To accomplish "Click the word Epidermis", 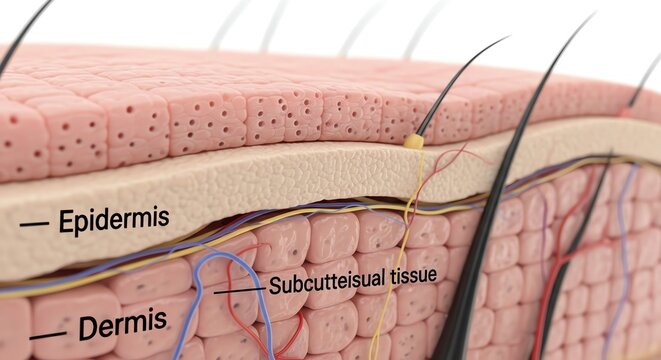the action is pyautogui.click(x=114, y=220).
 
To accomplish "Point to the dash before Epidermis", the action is pyautogui.click(x=33, y=224).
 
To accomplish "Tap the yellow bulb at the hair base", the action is pyautogui.click(x=413, y=142).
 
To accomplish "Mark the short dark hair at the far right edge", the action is pyautogui.click(x=645, y=80).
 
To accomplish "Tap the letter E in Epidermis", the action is pyautogui.click(x=65, y=221).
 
